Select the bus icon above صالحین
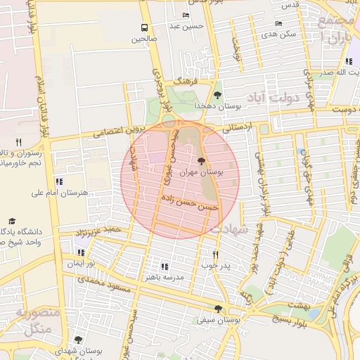coord(143,27)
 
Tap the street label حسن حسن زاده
coord(191,203)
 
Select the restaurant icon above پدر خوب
coord(216,255)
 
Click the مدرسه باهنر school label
coord(163,277)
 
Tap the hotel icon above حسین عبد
coord(186,15)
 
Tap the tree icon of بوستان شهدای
coord(78,340)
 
